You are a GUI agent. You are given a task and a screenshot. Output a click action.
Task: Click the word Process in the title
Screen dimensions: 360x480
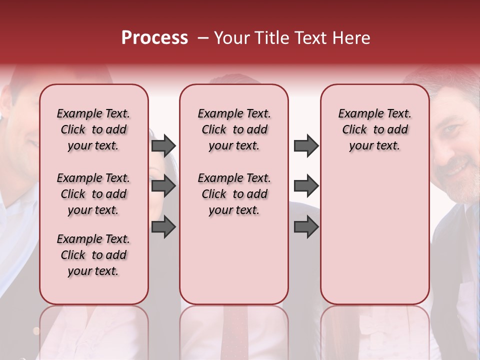(x=154, y=38)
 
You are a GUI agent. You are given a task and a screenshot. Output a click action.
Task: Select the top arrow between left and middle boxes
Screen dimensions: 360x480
(x=163, y=145)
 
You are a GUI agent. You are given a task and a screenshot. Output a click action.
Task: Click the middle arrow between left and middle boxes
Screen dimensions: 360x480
(x=163, y=186)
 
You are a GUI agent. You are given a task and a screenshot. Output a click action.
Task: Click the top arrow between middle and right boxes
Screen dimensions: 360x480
(x=306, y=145)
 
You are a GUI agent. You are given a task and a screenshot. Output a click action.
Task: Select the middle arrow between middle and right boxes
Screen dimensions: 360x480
(x=306, y=186)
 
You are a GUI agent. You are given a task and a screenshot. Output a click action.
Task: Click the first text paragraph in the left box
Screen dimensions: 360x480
(x=93, y=129)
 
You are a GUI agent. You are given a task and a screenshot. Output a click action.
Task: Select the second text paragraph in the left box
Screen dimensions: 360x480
(x=93, y=194)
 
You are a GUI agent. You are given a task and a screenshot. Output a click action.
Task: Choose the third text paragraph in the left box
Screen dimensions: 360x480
(x=93, y=255)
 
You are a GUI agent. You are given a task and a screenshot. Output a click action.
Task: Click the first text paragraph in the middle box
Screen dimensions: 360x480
(x=234, y=129)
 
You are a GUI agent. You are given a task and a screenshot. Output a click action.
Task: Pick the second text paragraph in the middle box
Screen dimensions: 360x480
(x=234, y=194)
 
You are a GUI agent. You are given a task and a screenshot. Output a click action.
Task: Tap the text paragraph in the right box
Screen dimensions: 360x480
(x=374, y=129)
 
